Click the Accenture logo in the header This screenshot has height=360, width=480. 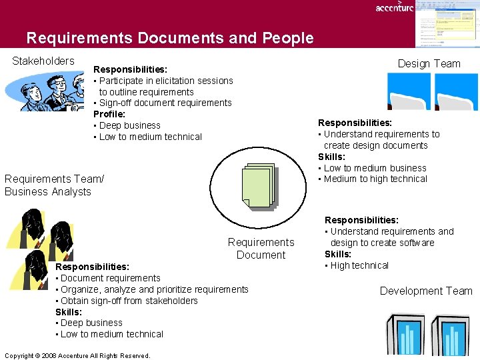(x=394, y=7)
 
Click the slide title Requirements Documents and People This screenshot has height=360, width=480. (x=170, y=38)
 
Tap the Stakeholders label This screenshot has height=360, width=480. (x=43, y=61)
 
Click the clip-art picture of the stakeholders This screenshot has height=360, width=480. (x=47, y=91)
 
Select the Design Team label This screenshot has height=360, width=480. (x=429, y=63)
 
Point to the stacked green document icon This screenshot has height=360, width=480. (x=259, y=187)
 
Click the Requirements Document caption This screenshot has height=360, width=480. (x=261, y=249)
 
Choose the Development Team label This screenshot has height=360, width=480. (x=426, y=291)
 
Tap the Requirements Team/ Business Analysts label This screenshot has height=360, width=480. (x=54, y=185)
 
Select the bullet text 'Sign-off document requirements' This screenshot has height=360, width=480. (x=165, y=103)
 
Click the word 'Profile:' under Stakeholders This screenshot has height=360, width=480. (x=109, y=114)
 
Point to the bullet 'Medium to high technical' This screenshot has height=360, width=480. (x=375, y=179)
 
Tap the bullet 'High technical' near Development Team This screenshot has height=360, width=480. (x=359, y=265)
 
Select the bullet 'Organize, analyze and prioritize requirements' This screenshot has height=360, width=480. (x=154, y=289)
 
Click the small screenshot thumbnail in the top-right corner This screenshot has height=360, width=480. (x=446, y=24)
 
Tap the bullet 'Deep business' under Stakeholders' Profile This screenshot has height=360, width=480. (x=129, y=125)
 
